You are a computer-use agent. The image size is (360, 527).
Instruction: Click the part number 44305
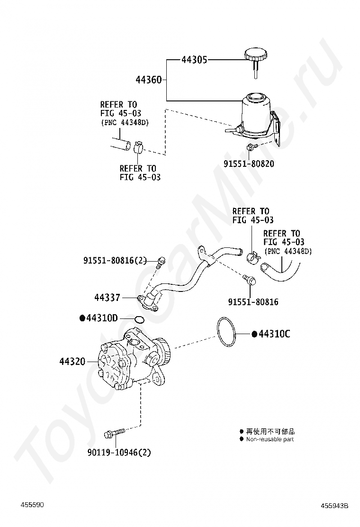pos(194,60)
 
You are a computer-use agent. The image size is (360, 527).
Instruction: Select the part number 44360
pos(149,80)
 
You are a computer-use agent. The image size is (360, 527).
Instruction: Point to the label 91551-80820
pos(249,164)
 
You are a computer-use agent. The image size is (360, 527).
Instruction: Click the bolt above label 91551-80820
pos(252,146)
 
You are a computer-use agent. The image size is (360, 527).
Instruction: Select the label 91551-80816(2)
pos(115,261)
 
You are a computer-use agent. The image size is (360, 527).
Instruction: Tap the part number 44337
pos(107,298)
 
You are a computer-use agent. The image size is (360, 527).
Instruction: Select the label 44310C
pos(271,334)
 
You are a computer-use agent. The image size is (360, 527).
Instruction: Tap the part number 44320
pos(72,362)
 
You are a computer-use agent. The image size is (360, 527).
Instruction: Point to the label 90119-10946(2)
pos(119,453)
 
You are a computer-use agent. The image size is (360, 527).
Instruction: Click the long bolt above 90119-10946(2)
pos(115,433)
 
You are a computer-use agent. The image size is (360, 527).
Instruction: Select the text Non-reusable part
pos(270,439)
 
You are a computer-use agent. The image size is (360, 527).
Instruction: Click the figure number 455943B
pos(334,506)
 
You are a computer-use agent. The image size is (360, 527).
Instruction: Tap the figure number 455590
pos(32,505)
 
